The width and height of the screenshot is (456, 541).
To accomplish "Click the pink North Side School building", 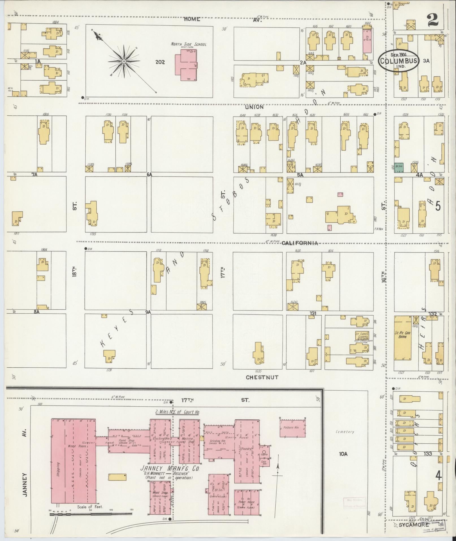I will coord(185,64).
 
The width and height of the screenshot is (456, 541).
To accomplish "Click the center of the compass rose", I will coord(124,61).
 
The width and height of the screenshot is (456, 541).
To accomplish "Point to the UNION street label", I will coord(254,107).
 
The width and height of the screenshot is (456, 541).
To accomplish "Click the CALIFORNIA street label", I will coord(300,243).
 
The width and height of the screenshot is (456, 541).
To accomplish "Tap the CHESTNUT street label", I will coord(262,377).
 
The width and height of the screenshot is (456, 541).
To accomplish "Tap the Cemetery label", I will coord(345,440).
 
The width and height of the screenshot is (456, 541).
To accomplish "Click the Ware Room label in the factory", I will coord(73,446).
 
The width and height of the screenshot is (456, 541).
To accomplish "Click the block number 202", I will coord(160,62).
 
